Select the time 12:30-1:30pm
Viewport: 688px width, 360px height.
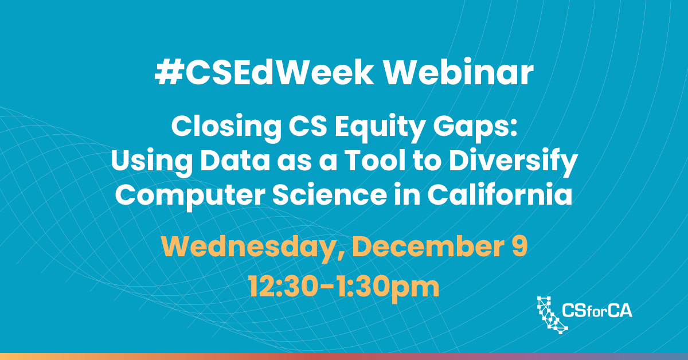pos(344,285)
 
